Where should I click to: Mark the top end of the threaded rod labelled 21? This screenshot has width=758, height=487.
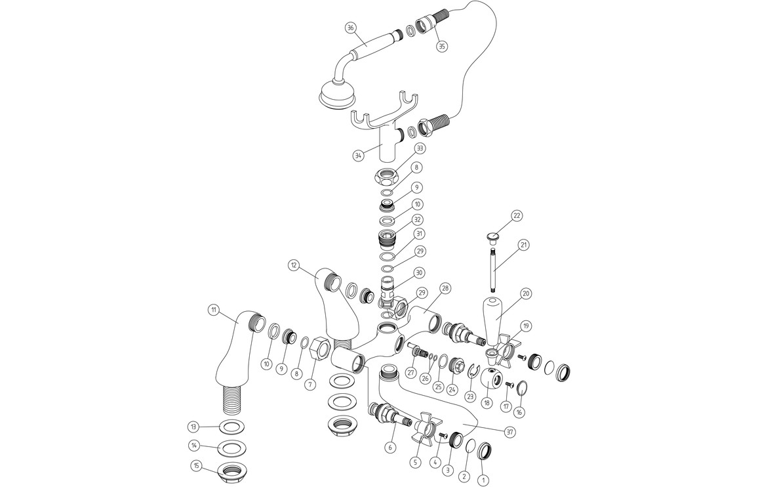point(492,248)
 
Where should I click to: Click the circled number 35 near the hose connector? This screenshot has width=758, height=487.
point(441,47)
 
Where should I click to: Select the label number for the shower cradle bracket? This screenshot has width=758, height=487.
point(358,156)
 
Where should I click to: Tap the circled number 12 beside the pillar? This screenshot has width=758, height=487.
point(294,265)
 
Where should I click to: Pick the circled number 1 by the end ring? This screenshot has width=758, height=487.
point(481,480)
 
